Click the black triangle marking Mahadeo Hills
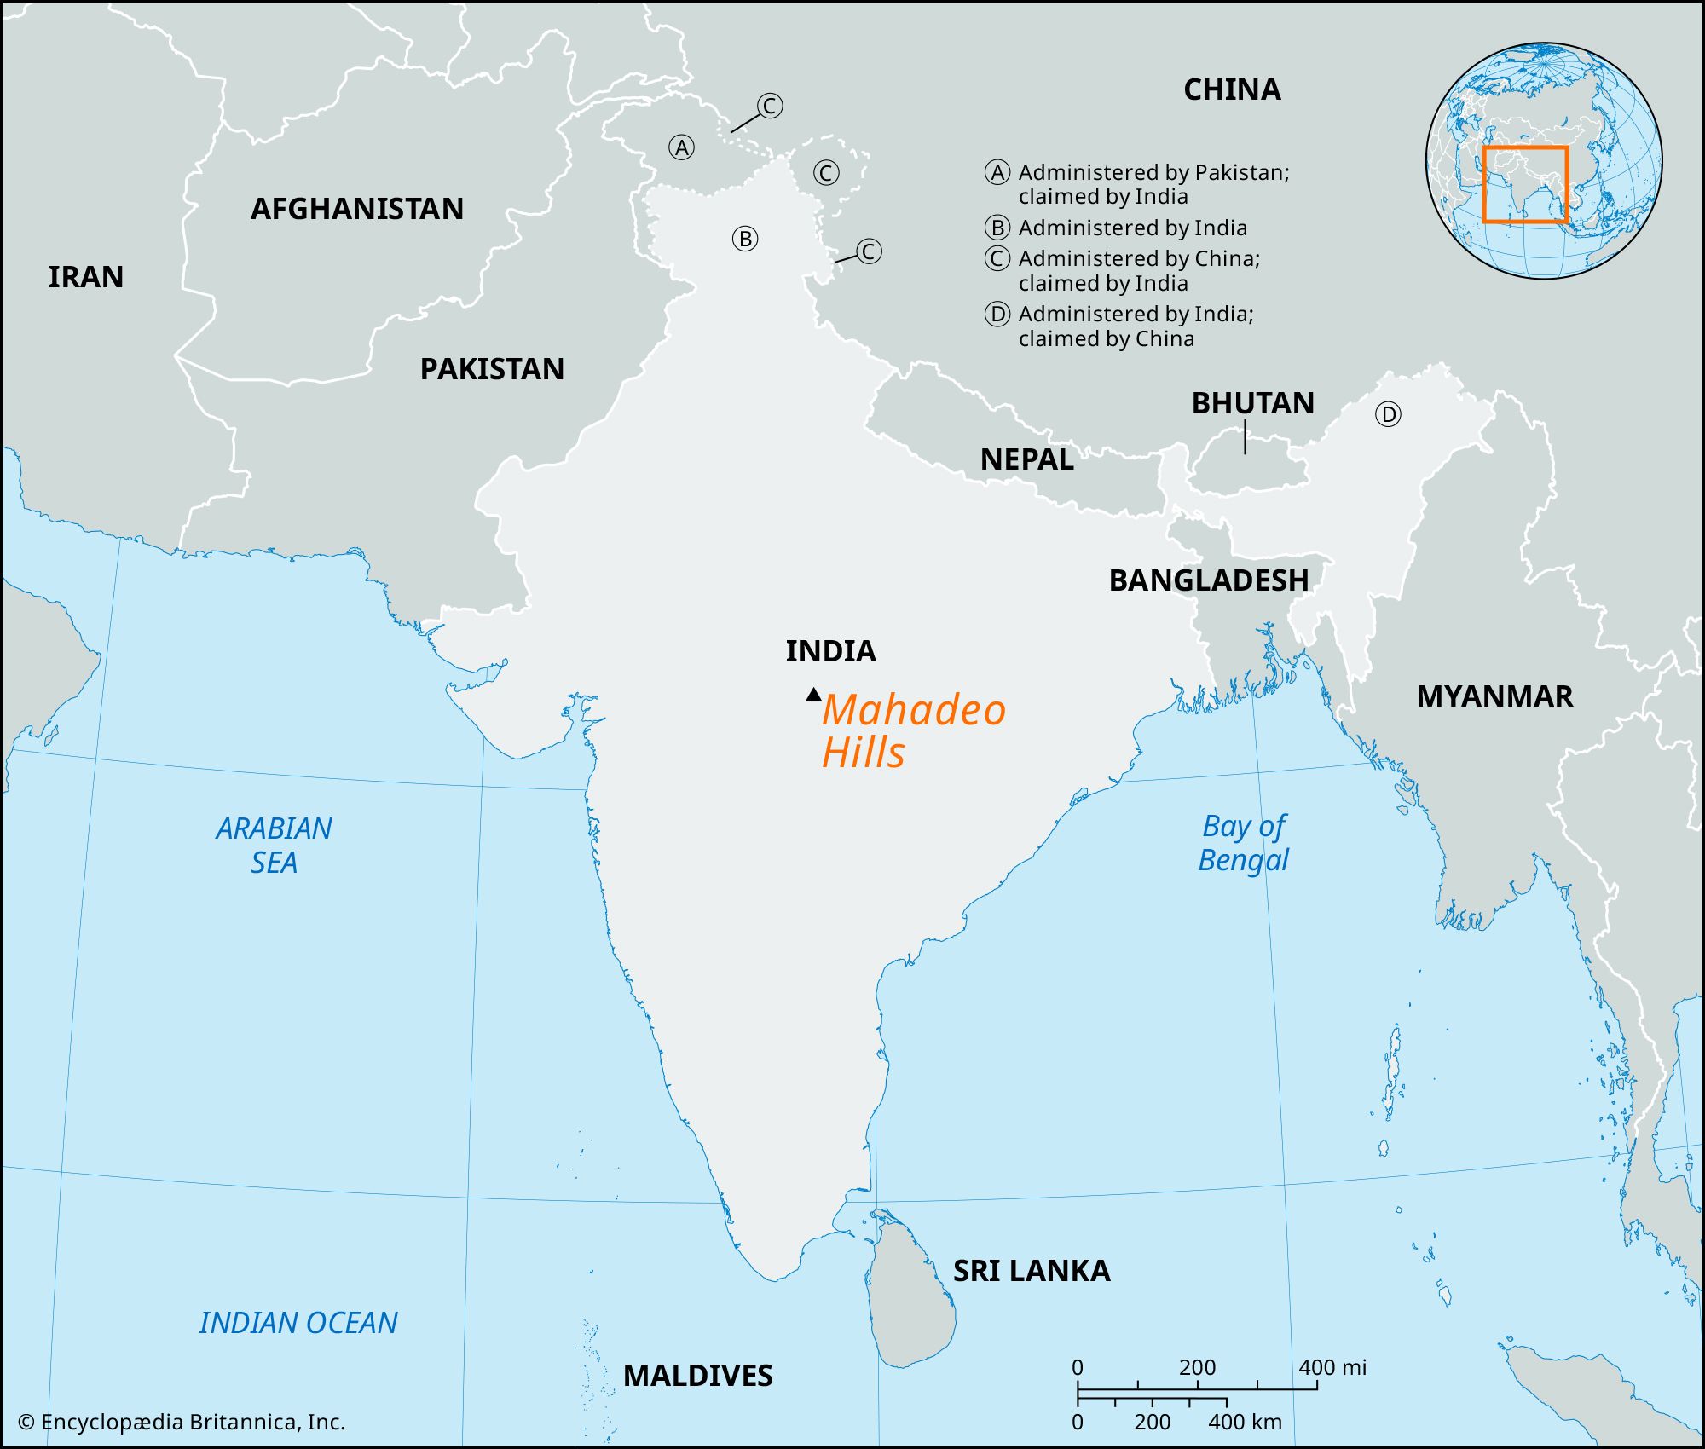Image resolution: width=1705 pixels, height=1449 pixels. [813, 695]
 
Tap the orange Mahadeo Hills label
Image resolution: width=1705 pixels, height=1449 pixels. [912, 731]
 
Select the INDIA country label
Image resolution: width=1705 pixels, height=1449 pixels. [830, 651]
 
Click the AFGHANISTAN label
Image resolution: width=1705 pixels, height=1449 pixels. [356, 209]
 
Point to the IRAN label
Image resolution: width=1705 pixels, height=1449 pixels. [85, 277]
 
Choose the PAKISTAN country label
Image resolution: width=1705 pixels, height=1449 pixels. [492, 369]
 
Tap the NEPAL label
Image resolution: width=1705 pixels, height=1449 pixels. [1026, 459]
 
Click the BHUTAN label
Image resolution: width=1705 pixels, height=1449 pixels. [1252, 403]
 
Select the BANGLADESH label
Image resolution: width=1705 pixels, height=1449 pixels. [1208, 580]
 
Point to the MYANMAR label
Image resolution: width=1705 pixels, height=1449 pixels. [1494, 696]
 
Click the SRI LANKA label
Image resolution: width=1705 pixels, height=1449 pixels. [1032, 1271]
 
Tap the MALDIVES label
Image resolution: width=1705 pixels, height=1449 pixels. [697, 1376]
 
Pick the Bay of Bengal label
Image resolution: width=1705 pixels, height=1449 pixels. [1244, 842]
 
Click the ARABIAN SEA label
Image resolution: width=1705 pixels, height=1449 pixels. [274, 845]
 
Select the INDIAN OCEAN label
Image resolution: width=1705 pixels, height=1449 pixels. [298, 1323]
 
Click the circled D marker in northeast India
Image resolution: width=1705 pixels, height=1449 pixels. [1388, 415]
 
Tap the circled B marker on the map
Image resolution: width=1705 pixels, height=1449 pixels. [745, 239]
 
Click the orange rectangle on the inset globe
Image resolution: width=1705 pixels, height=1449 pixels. [1524, 184]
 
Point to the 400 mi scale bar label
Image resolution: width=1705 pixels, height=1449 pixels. [1332, 1368]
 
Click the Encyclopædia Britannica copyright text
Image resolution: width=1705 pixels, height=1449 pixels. [182, 1423]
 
